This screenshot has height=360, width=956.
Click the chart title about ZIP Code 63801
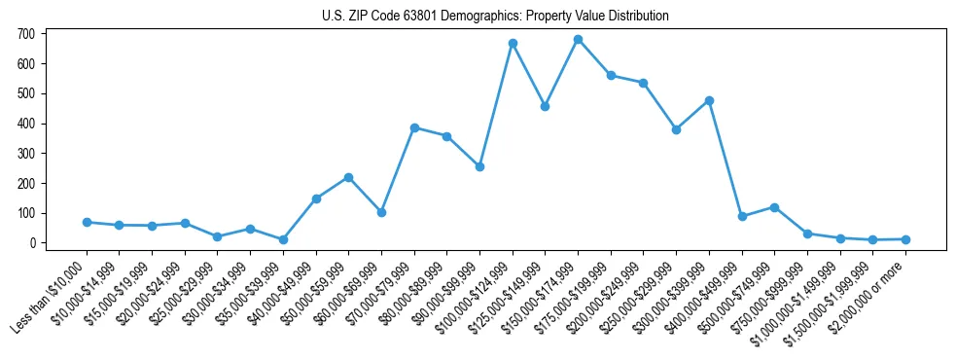coord(495,17)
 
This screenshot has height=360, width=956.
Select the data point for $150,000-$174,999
coord(578,40)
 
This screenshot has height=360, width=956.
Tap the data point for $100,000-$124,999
coord(513,44)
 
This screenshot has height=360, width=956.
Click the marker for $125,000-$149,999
coord(545,106)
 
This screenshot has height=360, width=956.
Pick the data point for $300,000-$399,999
coord(709,100)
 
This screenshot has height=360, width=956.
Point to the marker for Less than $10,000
coord(87,222)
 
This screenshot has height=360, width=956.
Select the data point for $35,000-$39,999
coord(283,239)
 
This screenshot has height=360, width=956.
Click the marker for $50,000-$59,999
coord(348,177)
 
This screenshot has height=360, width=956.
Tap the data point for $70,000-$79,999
coord(414,127)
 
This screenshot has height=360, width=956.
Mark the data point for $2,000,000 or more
coord(905,239)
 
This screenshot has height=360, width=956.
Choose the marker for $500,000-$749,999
coord(774,207)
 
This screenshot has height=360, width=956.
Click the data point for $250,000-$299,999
coord(676,129)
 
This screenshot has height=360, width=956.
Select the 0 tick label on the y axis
coord(31,243)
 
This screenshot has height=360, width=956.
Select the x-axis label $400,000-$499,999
coord(705,290)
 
